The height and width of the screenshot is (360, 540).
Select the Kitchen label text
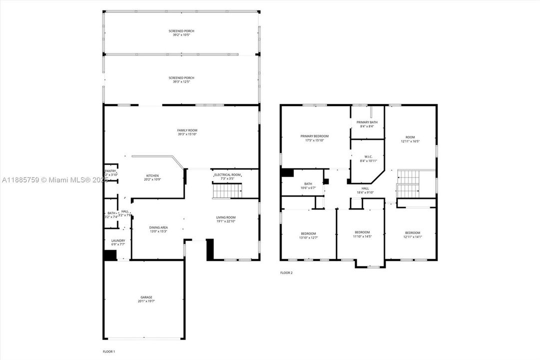152,177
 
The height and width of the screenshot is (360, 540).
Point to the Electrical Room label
227,176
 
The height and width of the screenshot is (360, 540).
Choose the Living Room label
226,219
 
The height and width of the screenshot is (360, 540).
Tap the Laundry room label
118,242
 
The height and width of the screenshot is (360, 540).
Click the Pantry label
110,172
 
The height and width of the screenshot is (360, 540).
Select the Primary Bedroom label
315,138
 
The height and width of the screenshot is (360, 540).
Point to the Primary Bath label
367,124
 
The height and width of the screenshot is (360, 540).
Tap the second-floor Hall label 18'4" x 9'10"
365,190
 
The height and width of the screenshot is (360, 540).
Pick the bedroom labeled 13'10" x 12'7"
308,235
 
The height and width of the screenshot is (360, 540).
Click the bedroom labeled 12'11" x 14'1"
413,234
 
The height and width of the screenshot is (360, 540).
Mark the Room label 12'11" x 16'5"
410,139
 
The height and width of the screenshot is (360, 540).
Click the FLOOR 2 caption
286,272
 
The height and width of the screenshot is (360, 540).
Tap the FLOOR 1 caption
109,351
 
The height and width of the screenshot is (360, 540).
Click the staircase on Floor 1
228,191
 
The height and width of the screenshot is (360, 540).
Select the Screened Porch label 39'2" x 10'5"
181,33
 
